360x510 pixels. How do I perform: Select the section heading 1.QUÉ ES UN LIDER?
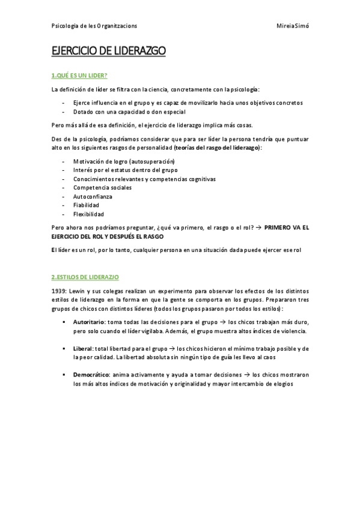[x=79, y=75]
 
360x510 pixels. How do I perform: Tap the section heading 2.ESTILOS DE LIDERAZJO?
[x=85, y=277]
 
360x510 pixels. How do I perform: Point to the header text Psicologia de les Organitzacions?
[x=94, y=26]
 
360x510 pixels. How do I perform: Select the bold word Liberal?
[x=83, y=349]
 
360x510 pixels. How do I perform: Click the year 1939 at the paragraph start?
[x=58, y=291]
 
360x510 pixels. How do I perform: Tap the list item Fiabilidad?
[x=86, y=205]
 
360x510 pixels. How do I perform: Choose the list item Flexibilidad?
[x=88, y=214]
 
